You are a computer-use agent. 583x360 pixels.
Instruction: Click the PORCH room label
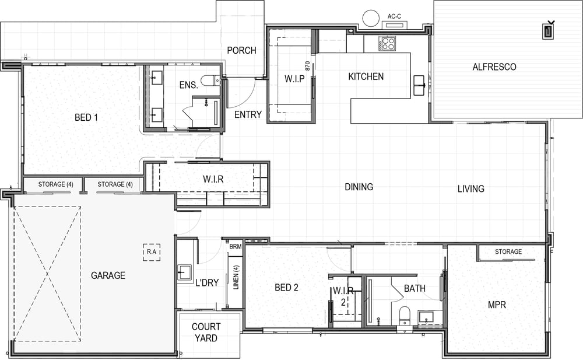(242, 50)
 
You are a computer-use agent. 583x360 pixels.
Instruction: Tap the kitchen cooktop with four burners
(388, 43)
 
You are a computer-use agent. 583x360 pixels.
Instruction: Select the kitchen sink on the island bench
(420, 85)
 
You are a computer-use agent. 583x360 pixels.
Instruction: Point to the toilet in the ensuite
(210, 81)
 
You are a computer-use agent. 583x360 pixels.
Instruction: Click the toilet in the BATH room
(404, 316)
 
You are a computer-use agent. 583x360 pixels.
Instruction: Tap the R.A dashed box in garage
(152, 252)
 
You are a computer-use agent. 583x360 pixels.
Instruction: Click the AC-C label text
(394, 16)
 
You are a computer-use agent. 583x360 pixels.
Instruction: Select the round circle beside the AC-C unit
(371, 18)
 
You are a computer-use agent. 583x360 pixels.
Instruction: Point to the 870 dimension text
(307, 66)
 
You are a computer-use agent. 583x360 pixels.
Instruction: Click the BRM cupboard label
(236, 246)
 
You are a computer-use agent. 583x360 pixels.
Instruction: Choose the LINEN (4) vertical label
(236, 277)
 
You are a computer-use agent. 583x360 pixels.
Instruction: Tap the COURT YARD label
(206, 333)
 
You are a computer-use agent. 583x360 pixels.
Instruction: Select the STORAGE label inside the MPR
(508, 251)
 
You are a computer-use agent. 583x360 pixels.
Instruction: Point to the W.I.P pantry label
(294, 79)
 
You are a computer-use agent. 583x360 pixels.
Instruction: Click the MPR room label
(497, 305)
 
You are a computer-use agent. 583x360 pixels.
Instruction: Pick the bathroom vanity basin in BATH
(426, 316)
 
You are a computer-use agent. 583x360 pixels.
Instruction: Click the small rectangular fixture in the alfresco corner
(548, 30)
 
